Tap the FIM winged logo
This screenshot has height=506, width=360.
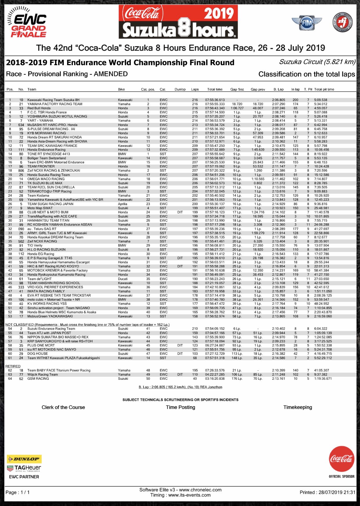point(307,22)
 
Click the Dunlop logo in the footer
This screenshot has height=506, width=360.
point(24,459)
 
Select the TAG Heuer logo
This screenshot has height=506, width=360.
point(24,468)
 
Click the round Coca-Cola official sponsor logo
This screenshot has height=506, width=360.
point(341,459)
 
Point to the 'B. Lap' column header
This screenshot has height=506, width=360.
point(279,89)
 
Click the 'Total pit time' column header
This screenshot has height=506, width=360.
point(324,89)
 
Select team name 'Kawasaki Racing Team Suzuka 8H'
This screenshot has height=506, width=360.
point(53,100)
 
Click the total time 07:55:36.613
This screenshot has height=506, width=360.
point(215,100)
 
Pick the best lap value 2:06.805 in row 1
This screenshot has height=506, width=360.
point(279,100)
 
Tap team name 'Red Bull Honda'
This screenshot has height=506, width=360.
point(39,108)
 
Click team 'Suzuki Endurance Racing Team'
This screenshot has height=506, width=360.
point(51,329)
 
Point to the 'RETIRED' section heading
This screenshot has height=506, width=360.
point(13,366)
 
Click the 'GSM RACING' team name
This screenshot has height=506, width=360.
point(38,379)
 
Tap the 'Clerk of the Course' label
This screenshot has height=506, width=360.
point(63,407)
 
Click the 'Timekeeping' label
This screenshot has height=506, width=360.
point(298,407)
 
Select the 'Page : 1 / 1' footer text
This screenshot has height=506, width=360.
point(18,492)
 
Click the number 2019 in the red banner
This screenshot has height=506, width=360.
point(219,14)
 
